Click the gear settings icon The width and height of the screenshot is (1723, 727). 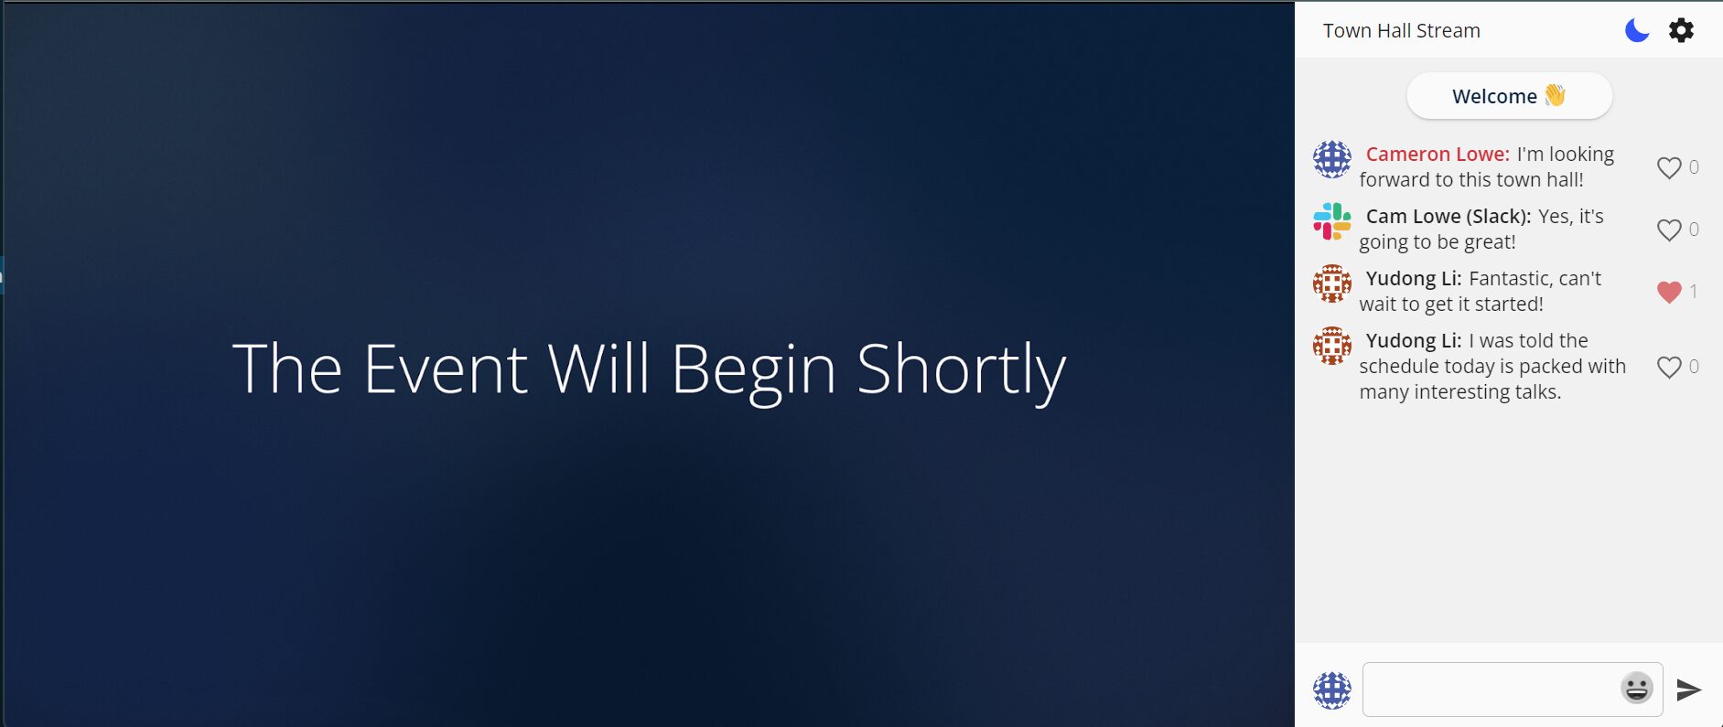(x=1681, y=30)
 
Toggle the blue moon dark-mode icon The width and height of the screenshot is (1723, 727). (x=1637, y=30)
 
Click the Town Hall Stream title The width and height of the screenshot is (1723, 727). (x=1401, y=30)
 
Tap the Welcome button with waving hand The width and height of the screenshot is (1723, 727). (x=1509, y=96)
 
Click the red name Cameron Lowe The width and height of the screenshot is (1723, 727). (x=1438, y=154)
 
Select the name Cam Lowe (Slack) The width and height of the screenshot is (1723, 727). (x=1448, y=216)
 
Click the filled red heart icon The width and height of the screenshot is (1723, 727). (x=1669, y=292)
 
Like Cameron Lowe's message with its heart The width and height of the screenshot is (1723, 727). (x=1669, y=167)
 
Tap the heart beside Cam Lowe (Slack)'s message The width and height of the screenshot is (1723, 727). (x=1669, y=230)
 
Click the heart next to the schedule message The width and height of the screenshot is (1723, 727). (x=1669, y=367)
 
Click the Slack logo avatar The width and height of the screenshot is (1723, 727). (x=1332, y=221)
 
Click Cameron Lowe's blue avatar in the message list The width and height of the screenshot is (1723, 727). (x=1332, y=159)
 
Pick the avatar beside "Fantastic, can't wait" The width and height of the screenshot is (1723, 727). (x=1332, y=283)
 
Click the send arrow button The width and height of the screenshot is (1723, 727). (x=1689, y=690)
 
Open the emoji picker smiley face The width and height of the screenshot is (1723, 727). (x=1637, y=688)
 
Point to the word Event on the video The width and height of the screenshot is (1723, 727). (x=445, y=369)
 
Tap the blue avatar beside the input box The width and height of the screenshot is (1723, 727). (x=1332, y=690)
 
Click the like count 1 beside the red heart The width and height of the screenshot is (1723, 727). (x=1694, y=292)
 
